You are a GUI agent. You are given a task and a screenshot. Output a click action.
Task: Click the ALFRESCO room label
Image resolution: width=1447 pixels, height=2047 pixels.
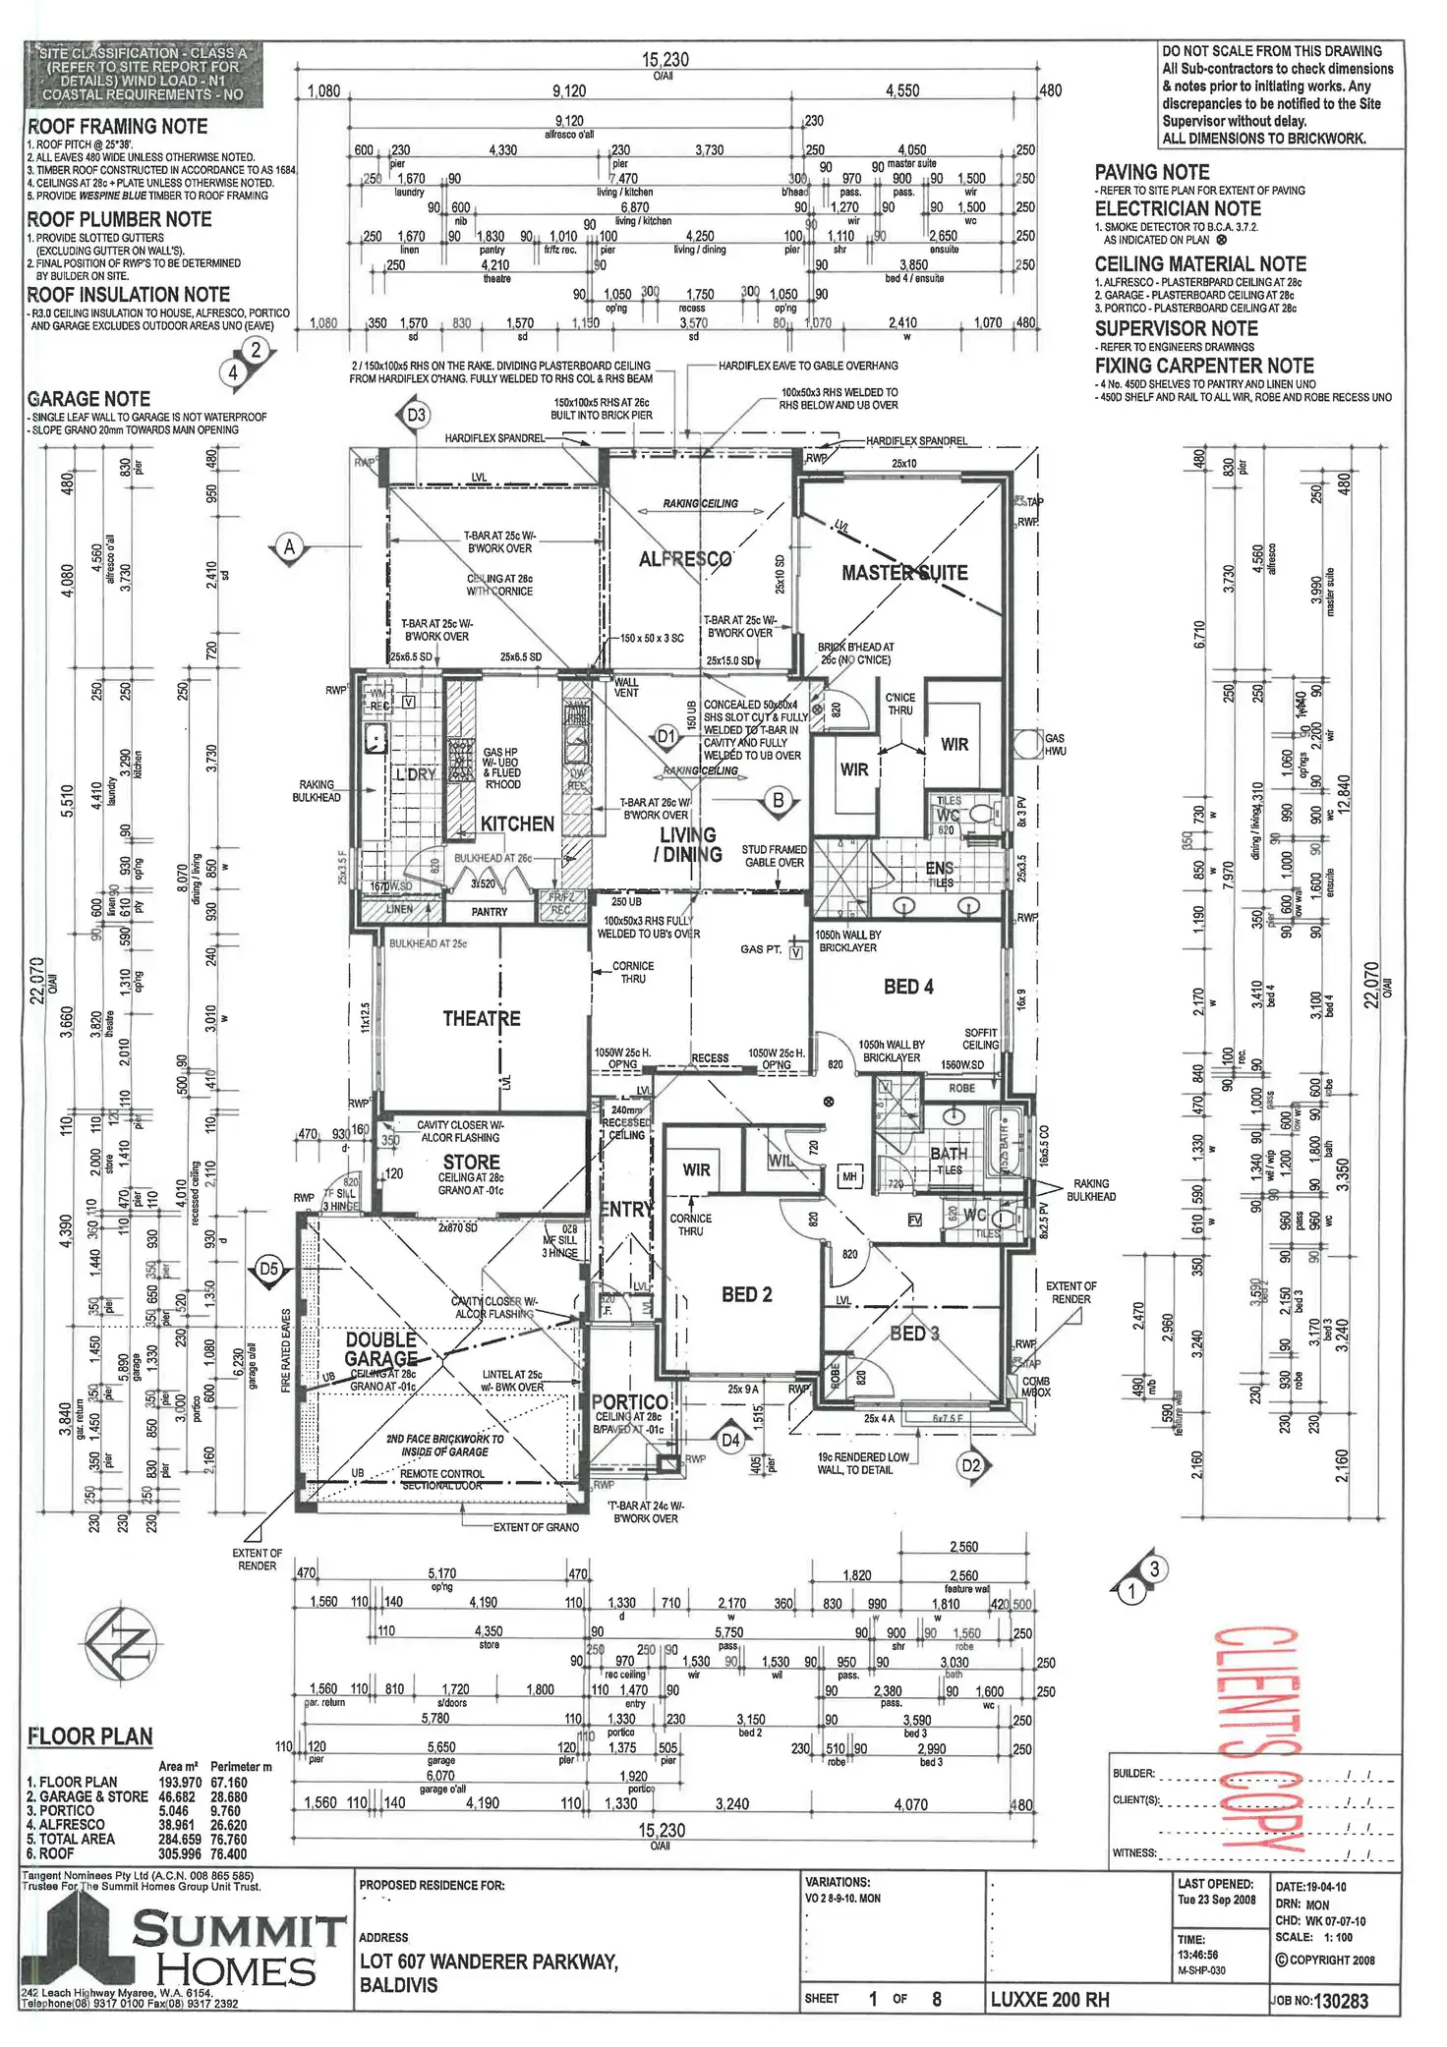(685, 559)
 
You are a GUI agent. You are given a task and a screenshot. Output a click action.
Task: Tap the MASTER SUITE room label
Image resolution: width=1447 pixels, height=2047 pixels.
(904, 573)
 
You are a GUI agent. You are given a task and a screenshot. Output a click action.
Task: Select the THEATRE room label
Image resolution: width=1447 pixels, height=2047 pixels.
(481, 1019)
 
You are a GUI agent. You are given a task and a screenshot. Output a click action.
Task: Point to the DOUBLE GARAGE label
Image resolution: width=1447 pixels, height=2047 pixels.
(381, 1349)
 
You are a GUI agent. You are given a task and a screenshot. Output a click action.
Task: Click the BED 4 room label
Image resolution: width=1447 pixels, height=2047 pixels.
(908, 987)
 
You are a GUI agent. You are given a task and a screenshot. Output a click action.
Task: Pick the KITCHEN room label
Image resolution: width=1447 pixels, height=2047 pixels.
(517, 824)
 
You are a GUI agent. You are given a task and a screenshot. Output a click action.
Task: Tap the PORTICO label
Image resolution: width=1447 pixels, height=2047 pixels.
(630, 1402)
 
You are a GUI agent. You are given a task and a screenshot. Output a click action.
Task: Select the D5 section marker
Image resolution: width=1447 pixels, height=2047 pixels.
(269, 1270)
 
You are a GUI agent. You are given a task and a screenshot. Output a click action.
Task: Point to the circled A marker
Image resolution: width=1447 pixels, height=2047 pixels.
(289, 547)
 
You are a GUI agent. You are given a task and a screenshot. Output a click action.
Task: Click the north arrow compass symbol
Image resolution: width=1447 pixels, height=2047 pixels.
(120, 1642)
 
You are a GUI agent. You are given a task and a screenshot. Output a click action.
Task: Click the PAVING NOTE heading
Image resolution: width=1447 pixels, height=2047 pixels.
(1152, 172)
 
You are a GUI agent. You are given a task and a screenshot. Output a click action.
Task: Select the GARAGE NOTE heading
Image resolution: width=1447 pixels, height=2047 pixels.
(89, 399)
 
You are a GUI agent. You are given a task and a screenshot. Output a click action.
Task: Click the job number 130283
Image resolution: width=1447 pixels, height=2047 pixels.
(1340, 2001)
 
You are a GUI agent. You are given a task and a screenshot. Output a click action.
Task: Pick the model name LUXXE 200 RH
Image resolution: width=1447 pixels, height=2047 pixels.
(1050, 1999)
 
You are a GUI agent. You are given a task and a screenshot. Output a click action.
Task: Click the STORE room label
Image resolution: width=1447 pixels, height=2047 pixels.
(471, 1163)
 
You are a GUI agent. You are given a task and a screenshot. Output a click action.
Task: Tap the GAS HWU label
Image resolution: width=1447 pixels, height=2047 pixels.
(1055, 744)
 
